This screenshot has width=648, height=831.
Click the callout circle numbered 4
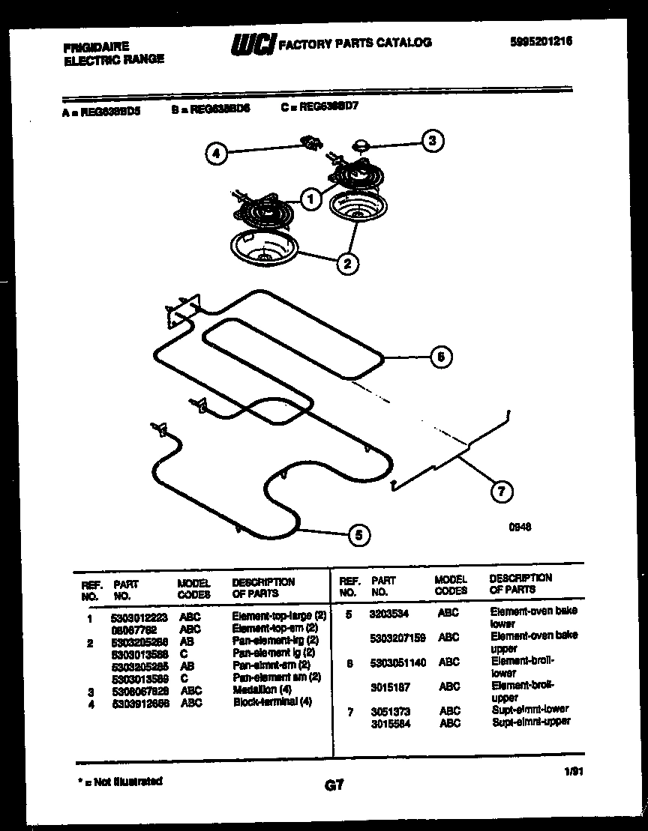pos(216,155)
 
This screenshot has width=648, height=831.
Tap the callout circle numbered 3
pos(431,140)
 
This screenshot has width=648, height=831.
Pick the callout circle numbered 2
pos(347,263)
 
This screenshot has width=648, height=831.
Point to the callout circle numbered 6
pos(441,357)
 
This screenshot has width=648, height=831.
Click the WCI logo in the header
pos(253,43)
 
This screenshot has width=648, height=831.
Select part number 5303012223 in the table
pos(139,619)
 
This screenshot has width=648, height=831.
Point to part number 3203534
pos(390,614)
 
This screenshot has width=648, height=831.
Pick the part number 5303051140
pos(398,662)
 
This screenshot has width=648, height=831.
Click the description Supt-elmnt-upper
pos(531,722)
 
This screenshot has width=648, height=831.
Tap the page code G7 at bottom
pos(334,785)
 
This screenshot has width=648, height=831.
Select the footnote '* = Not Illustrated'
pos(120,781)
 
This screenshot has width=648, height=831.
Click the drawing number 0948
pos(520,527)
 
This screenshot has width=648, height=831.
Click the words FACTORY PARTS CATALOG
pos(355,43)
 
